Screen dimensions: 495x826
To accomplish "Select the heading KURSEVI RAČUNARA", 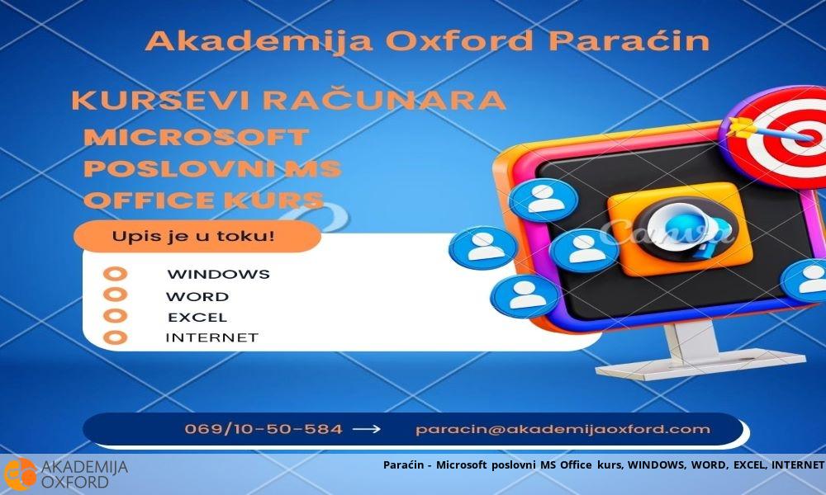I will pyautogui.click(x=288, y=101).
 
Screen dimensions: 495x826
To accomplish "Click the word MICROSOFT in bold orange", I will pyautogui.click(x=196, y=137).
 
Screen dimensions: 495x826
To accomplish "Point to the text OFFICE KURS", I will pyautogui.click(x=203, y=200).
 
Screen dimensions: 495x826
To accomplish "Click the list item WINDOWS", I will pyautogui.click(x=218, y=275).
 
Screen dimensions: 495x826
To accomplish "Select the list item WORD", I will pyautogui.click(x=197, y=296).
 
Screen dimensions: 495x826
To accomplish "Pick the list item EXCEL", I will pyautogui.click(x=197, y=317).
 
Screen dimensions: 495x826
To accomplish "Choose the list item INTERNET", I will pyautogui.click(x=211, y=337).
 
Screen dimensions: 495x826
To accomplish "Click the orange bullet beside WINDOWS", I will pyautogui.click(x=116, y=274).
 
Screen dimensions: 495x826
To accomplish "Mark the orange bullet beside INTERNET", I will pyautogui.click(x=116, y=337).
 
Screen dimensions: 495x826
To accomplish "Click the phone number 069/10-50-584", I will pyautogui.click(x=263, y=429).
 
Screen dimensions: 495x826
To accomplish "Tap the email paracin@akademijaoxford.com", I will pyautogui.click(x=563, y=429).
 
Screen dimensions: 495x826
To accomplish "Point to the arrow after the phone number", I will pyautogui.click(x=367, y=429).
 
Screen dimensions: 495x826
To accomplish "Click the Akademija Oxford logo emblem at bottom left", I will pyautogui.click(x=20, y=474).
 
